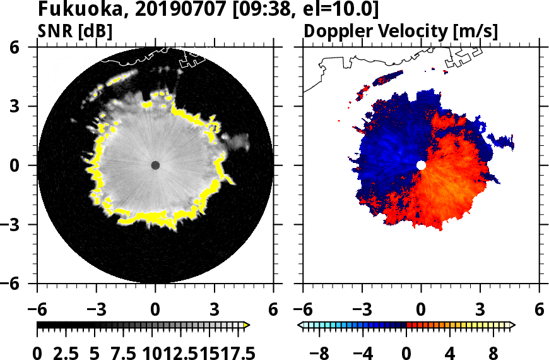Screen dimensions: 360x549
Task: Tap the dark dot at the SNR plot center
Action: (155, 165)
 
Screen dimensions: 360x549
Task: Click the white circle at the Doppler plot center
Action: (421, 165)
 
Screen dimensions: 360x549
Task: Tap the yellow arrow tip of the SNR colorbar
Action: (247, 325)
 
